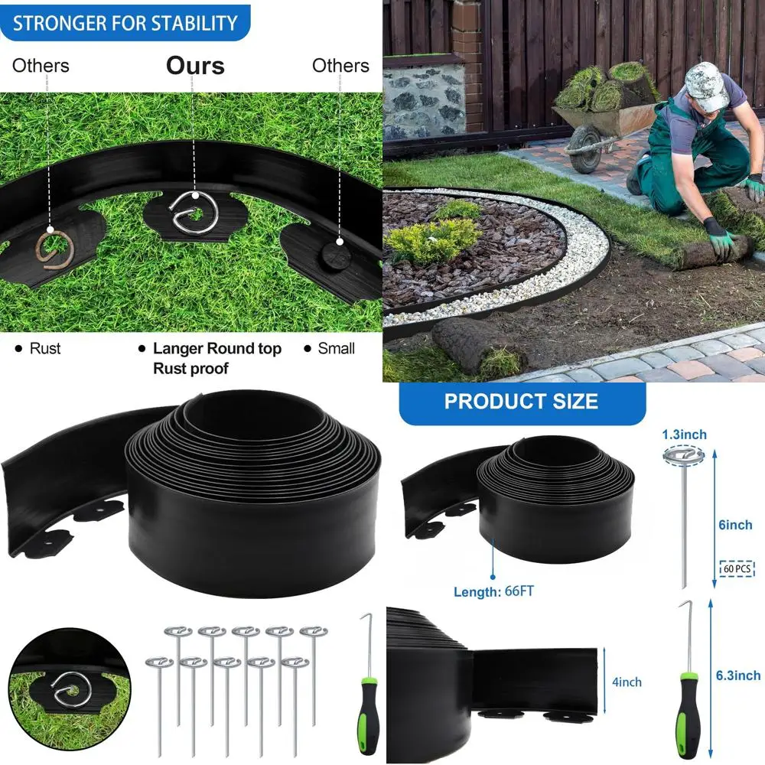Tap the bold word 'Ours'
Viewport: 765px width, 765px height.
coord(195,66)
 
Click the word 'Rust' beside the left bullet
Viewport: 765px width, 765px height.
coord(45,349)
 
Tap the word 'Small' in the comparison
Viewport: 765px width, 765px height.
coord(337,349)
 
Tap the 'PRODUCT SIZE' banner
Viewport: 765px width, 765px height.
coord(522,402)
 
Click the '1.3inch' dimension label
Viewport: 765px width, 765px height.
coord(685,435)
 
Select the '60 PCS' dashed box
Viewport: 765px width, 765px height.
coord(737,568)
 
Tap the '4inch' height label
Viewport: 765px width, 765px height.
coord(626,682)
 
